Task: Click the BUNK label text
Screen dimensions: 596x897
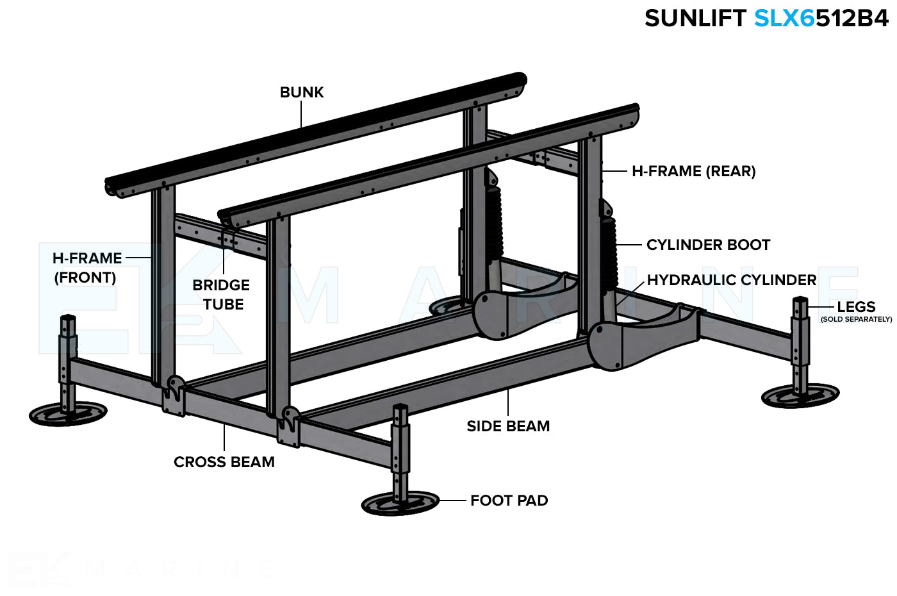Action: [x=302, y=92]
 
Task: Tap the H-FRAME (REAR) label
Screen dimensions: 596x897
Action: [x=693, y=171]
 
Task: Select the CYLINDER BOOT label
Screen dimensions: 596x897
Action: [x=708, y=245]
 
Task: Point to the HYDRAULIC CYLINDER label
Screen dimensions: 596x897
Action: [x=731, y=280]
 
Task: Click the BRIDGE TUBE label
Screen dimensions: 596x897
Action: [x=222, y=295]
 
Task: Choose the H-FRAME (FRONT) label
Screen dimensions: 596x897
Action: [x=86, y=268]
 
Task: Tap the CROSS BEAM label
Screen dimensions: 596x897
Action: [x=224, y=462]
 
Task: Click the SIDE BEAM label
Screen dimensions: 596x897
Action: [x=508, y=426]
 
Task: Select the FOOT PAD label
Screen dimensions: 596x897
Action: [x=509, y=501]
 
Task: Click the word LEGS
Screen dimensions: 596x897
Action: [x=856, y=307]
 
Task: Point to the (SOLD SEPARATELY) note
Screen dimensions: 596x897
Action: [x=856, y=319]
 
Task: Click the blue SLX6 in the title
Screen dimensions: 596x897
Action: [x=784, y=19]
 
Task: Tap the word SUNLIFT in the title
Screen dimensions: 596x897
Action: [x=695, y=19]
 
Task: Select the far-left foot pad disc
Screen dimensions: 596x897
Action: [x=68, y=414]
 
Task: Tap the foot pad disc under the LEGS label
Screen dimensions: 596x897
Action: [x=800, y=395]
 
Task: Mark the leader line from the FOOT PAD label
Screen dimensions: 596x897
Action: [x=452, y=501]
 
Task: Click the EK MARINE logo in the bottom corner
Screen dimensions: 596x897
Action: [x=141, y=568]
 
